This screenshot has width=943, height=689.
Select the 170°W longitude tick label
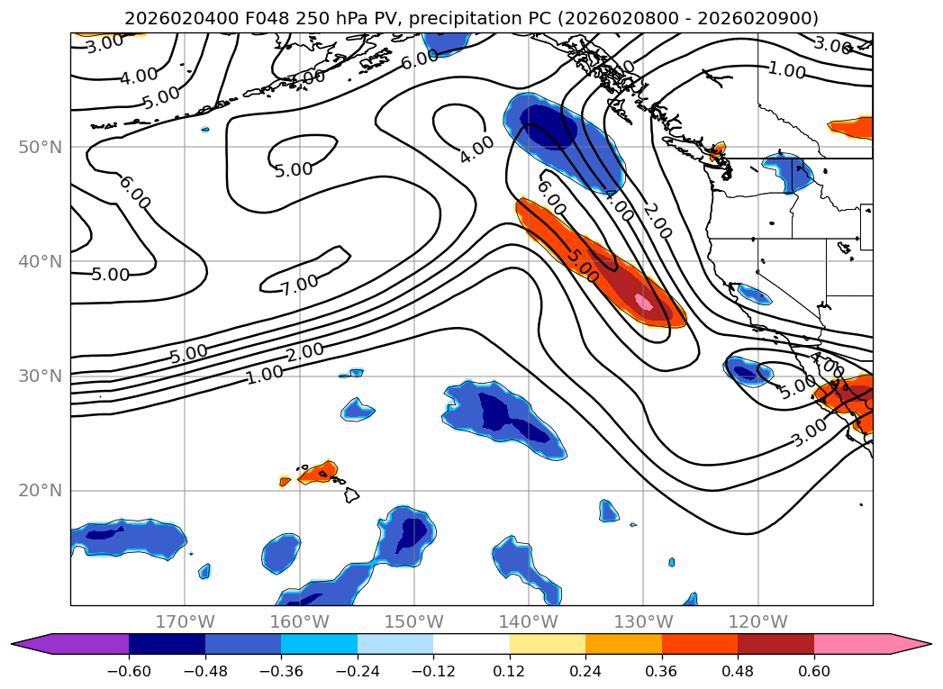click(185, 621)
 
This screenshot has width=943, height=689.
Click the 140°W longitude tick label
click(529, 621)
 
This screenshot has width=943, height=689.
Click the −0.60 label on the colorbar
click(129, 671)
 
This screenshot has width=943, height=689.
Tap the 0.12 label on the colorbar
click(510, 671)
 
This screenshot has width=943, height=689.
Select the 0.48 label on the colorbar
click(738, 671)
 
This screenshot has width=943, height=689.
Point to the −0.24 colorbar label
click(357, 671)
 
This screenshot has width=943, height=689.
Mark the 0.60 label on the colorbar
click(814, 671)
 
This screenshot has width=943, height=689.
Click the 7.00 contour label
click(299, 284)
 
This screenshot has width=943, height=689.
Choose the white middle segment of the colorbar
click(471, 644)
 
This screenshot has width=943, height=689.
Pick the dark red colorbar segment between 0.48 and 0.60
click(775, 644)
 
